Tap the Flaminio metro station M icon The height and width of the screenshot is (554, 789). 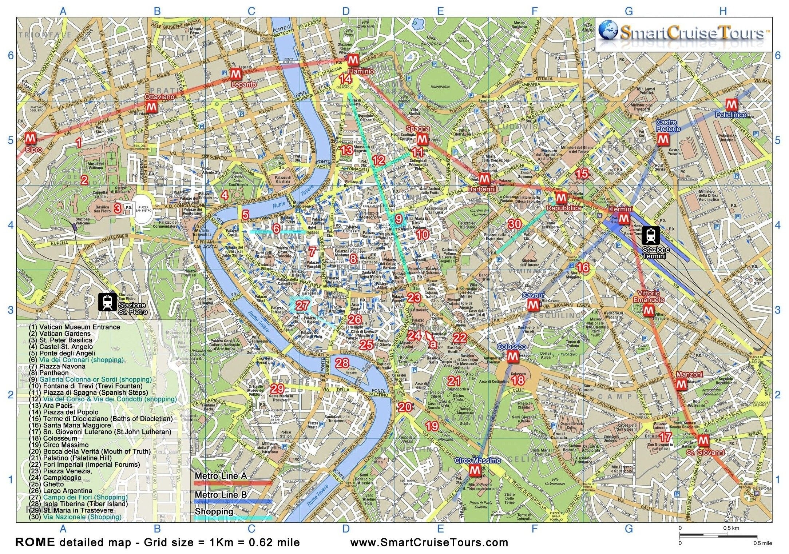352,60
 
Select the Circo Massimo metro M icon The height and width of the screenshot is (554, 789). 475,471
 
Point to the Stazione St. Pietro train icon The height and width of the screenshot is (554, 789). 107,302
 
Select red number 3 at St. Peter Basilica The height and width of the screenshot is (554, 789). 117,208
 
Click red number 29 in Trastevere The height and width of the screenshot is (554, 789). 277,389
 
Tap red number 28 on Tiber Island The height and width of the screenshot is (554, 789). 342,363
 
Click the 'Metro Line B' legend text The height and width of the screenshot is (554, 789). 221,495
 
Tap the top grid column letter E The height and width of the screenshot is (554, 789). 440,11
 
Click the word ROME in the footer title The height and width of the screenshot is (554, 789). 35,542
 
